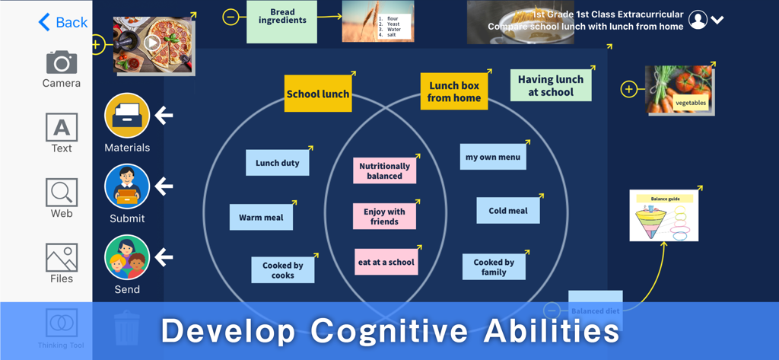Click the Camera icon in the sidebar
point(61,62)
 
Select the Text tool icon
point(61,127)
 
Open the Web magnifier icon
point(61,193)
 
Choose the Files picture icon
point(61,257)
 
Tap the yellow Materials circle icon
point(127,116)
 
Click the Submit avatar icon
point(127,186)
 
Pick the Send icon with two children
point(127,258)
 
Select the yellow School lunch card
point(318,94)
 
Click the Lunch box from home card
point(454,91)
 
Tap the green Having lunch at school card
point(551,85)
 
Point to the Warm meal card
point(261,217)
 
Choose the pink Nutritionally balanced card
point(384,170)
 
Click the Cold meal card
point(508,211)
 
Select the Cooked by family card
point(494,267)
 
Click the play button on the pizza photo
point(153,43)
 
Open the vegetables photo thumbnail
point(679,90)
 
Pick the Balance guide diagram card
point(664,215)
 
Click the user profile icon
point(698,21)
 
